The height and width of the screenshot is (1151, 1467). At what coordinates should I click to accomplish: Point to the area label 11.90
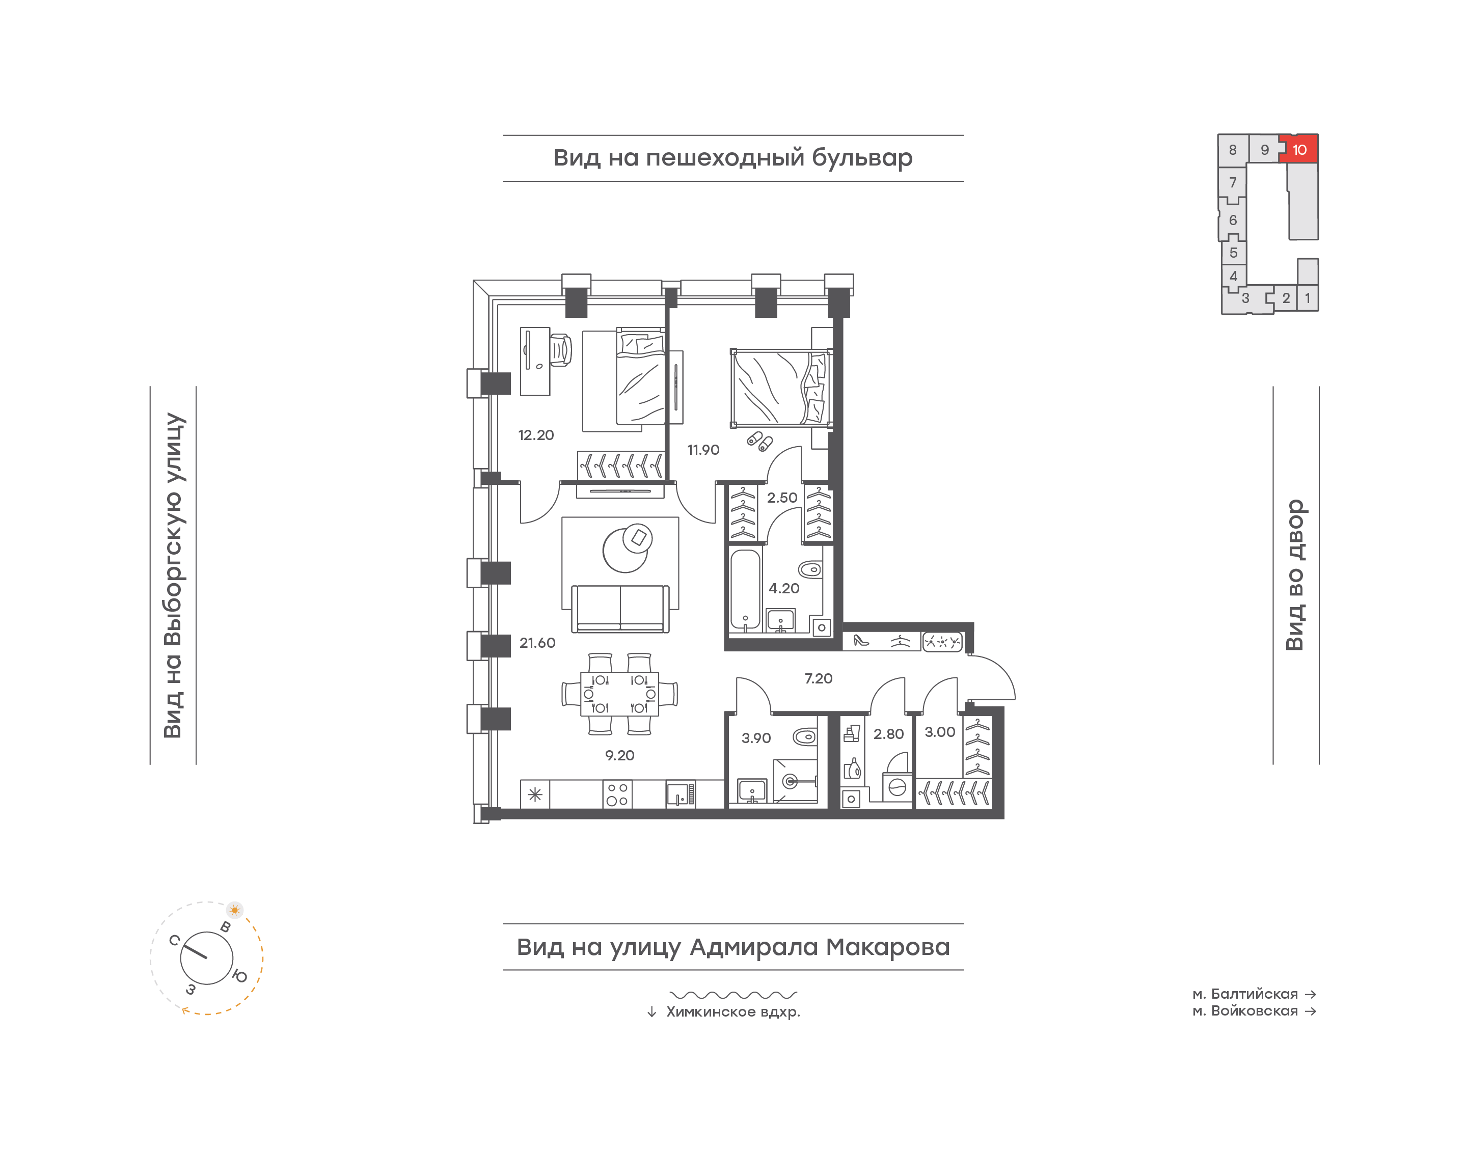tap(703, 450)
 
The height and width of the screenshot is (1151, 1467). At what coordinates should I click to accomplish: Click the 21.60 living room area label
tap(537, 643)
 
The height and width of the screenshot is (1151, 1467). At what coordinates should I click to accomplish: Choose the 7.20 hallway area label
tap(818, 678)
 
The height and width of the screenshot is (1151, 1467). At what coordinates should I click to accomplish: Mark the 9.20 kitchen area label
tap(619, 755)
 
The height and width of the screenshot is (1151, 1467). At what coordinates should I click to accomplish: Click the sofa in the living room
tap(620, 609)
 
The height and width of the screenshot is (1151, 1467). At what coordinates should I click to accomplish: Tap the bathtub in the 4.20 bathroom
tap(745, 591)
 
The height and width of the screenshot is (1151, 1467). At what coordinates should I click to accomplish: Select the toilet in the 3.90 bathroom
tap(805, 736)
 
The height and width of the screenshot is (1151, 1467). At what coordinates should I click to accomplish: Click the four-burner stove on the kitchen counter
tap(617, 794)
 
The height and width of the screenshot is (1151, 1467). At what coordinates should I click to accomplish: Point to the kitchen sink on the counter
tap(681, 794)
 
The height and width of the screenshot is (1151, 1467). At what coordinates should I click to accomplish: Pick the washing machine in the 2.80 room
tap(897, 787)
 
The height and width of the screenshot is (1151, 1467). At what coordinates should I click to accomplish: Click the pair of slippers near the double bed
tap(759, 441)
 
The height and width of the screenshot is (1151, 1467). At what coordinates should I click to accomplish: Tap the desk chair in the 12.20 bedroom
tap(561, 350)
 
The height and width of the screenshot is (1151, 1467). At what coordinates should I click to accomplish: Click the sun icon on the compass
tap(234, 910)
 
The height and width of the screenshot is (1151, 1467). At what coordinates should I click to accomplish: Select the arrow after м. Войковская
tap(1311, 1011)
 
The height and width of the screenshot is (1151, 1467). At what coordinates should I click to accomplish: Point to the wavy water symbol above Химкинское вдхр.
tap(733, 995)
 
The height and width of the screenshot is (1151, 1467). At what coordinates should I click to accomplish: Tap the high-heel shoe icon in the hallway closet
tap(860, 641)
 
